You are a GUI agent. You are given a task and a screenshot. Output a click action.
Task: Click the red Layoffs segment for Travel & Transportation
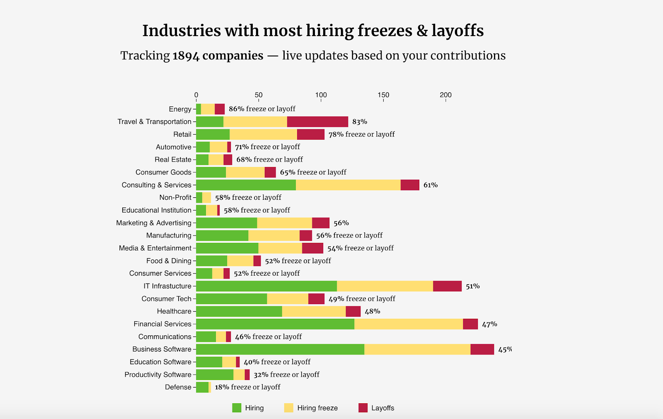point(317,122)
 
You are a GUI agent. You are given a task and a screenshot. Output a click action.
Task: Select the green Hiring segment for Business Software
point(280,349)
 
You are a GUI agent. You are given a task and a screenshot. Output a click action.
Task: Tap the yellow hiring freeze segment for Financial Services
point(409,324)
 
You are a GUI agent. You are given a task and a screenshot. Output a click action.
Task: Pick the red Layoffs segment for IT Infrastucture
point(447,286)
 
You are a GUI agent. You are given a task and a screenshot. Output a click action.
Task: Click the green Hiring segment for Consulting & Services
point(246,185)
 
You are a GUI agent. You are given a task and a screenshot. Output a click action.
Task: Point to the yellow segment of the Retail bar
point(263,134)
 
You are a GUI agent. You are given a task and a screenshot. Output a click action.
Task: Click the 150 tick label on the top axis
point(383,95)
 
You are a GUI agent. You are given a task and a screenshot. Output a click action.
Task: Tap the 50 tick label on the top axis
point(259,95)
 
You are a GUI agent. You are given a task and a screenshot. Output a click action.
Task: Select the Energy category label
point(180,109)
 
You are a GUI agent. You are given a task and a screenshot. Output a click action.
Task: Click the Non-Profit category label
point(175,198)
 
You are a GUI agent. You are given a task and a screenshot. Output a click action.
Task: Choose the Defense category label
point(178,387)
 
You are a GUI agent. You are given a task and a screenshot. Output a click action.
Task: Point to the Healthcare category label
point(174,311)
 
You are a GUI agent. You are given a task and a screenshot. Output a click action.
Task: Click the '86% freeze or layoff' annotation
point(262,109)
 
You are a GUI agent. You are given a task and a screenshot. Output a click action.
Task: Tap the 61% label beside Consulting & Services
point(431,185)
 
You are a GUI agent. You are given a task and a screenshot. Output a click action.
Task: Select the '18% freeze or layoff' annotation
point(247,387)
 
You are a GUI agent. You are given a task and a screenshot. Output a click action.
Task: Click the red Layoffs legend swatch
point(363,408)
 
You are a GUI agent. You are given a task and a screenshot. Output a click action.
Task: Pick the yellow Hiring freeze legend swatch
point(289,408)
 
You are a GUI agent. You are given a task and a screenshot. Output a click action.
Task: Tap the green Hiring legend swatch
point(237,408)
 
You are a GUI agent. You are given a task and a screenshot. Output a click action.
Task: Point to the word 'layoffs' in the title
point(457,31)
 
